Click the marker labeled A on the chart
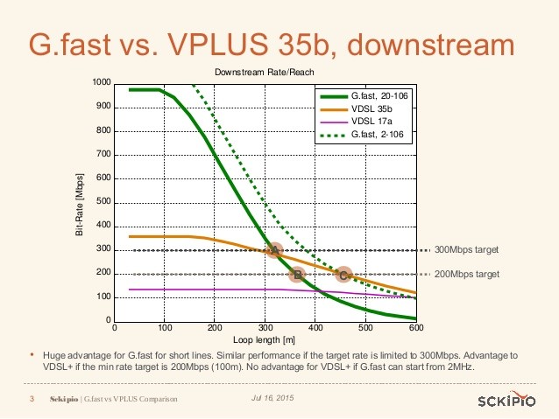point(275,250)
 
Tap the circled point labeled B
point(297,275)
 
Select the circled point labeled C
point(343,275)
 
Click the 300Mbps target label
point(467,250)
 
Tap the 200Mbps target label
point(467,274)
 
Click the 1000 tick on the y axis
point(102,83)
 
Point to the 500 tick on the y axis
point(104,202)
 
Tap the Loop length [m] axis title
point(265,339)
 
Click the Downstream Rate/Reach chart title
point(265,71)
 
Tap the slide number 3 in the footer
point(32,399)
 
